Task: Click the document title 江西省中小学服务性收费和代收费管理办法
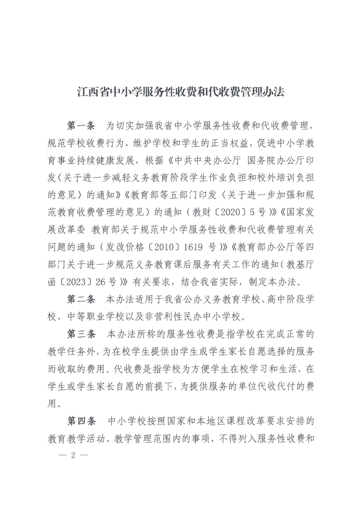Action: pyautogui.click(x=180, y=94)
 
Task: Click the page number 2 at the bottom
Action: pyautogui.click(x=73, y=454)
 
